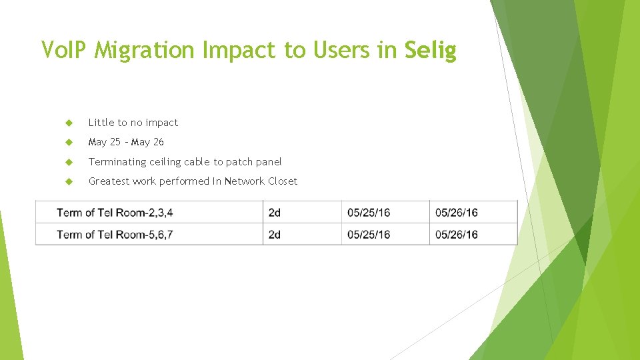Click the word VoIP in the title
point(65,50)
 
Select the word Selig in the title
point(430,51)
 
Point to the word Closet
point(282,181)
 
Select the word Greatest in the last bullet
point(109,181)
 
